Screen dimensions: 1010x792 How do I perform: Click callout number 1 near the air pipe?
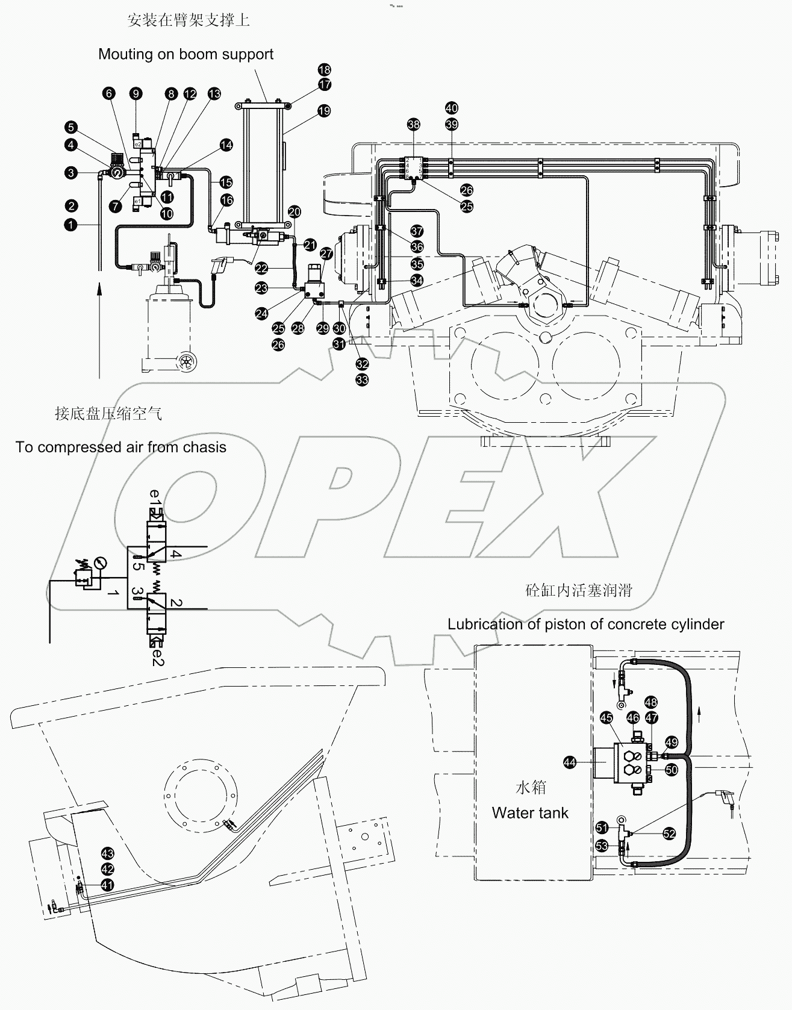click(x=72, y=224)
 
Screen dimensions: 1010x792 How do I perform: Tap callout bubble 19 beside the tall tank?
click(x=324, y=111)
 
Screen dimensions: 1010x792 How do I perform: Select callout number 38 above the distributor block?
click(x=413, y=125)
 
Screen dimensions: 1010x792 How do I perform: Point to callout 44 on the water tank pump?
click(x=569, y=762)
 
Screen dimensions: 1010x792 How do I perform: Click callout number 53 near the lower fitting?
click(x=602, y=846)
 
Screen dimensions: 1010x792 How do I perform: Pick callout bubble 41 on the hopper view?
click(x=107, y=885)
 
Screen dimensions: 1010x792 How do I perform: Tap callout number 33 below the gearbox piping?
click(x=362, y=379)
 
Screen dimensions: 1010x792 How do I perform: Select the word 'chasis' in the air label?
click(x=204, y=447)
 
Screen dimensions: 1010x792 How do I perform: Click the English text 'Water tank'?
click(x=530, y=812)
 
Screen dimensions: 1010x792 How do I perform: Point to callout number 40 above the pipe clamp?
click(x=451, y=108)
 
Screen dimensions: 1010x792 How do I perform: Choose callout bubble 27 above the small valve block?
click(x=326, y=254)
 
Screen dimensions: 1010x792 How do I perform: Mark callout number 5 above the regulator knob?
click(x=72, y=127)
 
